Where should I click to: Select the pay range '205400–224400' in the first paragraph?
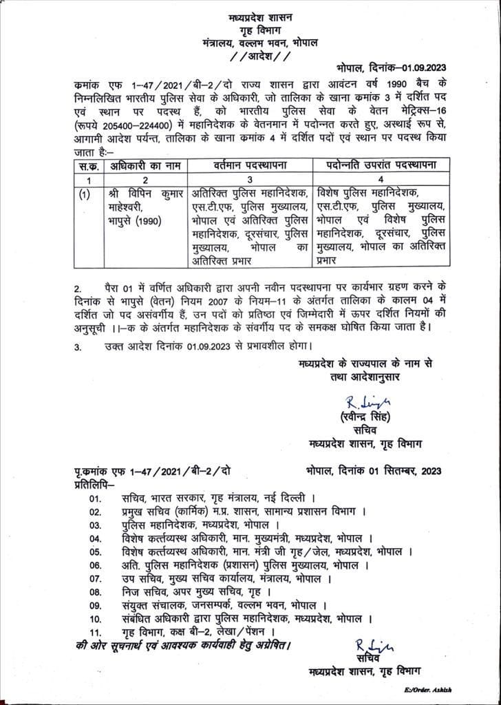(x=148, y=126)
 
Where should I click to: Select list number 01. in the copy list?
(x=94, y=497)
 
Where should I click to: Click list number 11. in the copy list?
(x=94, y=631)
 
